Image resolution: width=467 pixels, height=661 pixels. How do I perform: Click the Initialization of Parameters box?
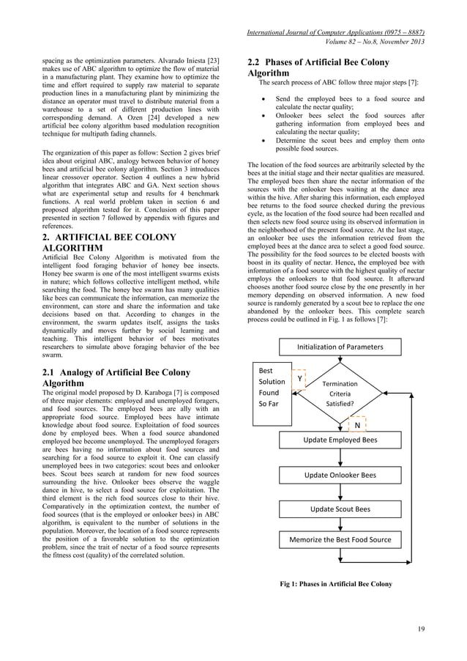click(x=340, y=347)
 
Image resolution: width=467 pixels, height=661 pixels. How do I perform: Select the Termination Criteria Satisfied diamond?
click(x=339, y=393)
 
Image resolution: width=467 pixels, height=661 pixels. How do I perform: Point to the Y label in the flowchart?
click(x=299, y=378)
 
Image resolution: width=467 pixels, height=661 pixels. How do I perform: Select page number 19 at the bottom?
click(x=421, y=629)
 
